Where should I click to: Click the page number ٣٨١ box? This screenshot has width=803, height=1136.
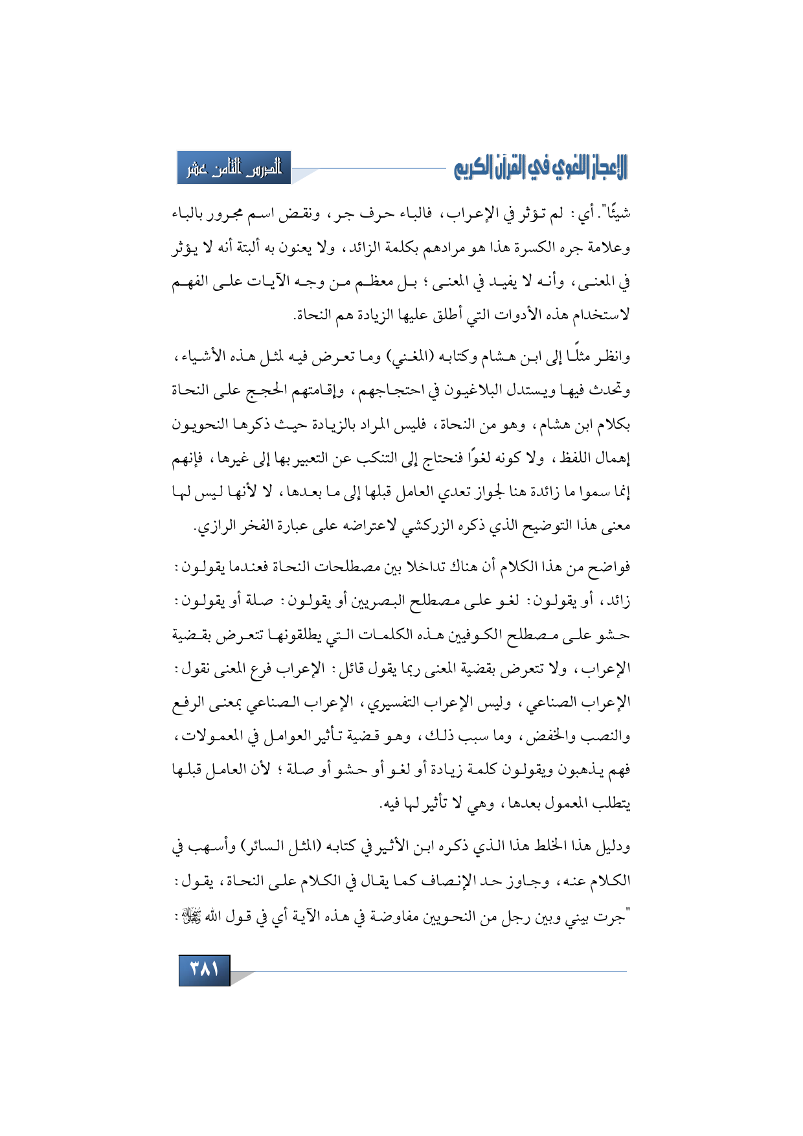[204, 970]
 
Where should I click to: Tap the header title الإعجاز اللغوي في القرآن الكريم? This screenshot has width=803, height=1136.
[541, 168]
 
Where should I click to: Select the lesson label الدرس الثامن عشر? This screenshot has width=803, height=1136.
[234, 168]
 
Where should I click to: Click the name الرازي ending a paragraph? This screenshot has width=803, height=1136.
[214, 526]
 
